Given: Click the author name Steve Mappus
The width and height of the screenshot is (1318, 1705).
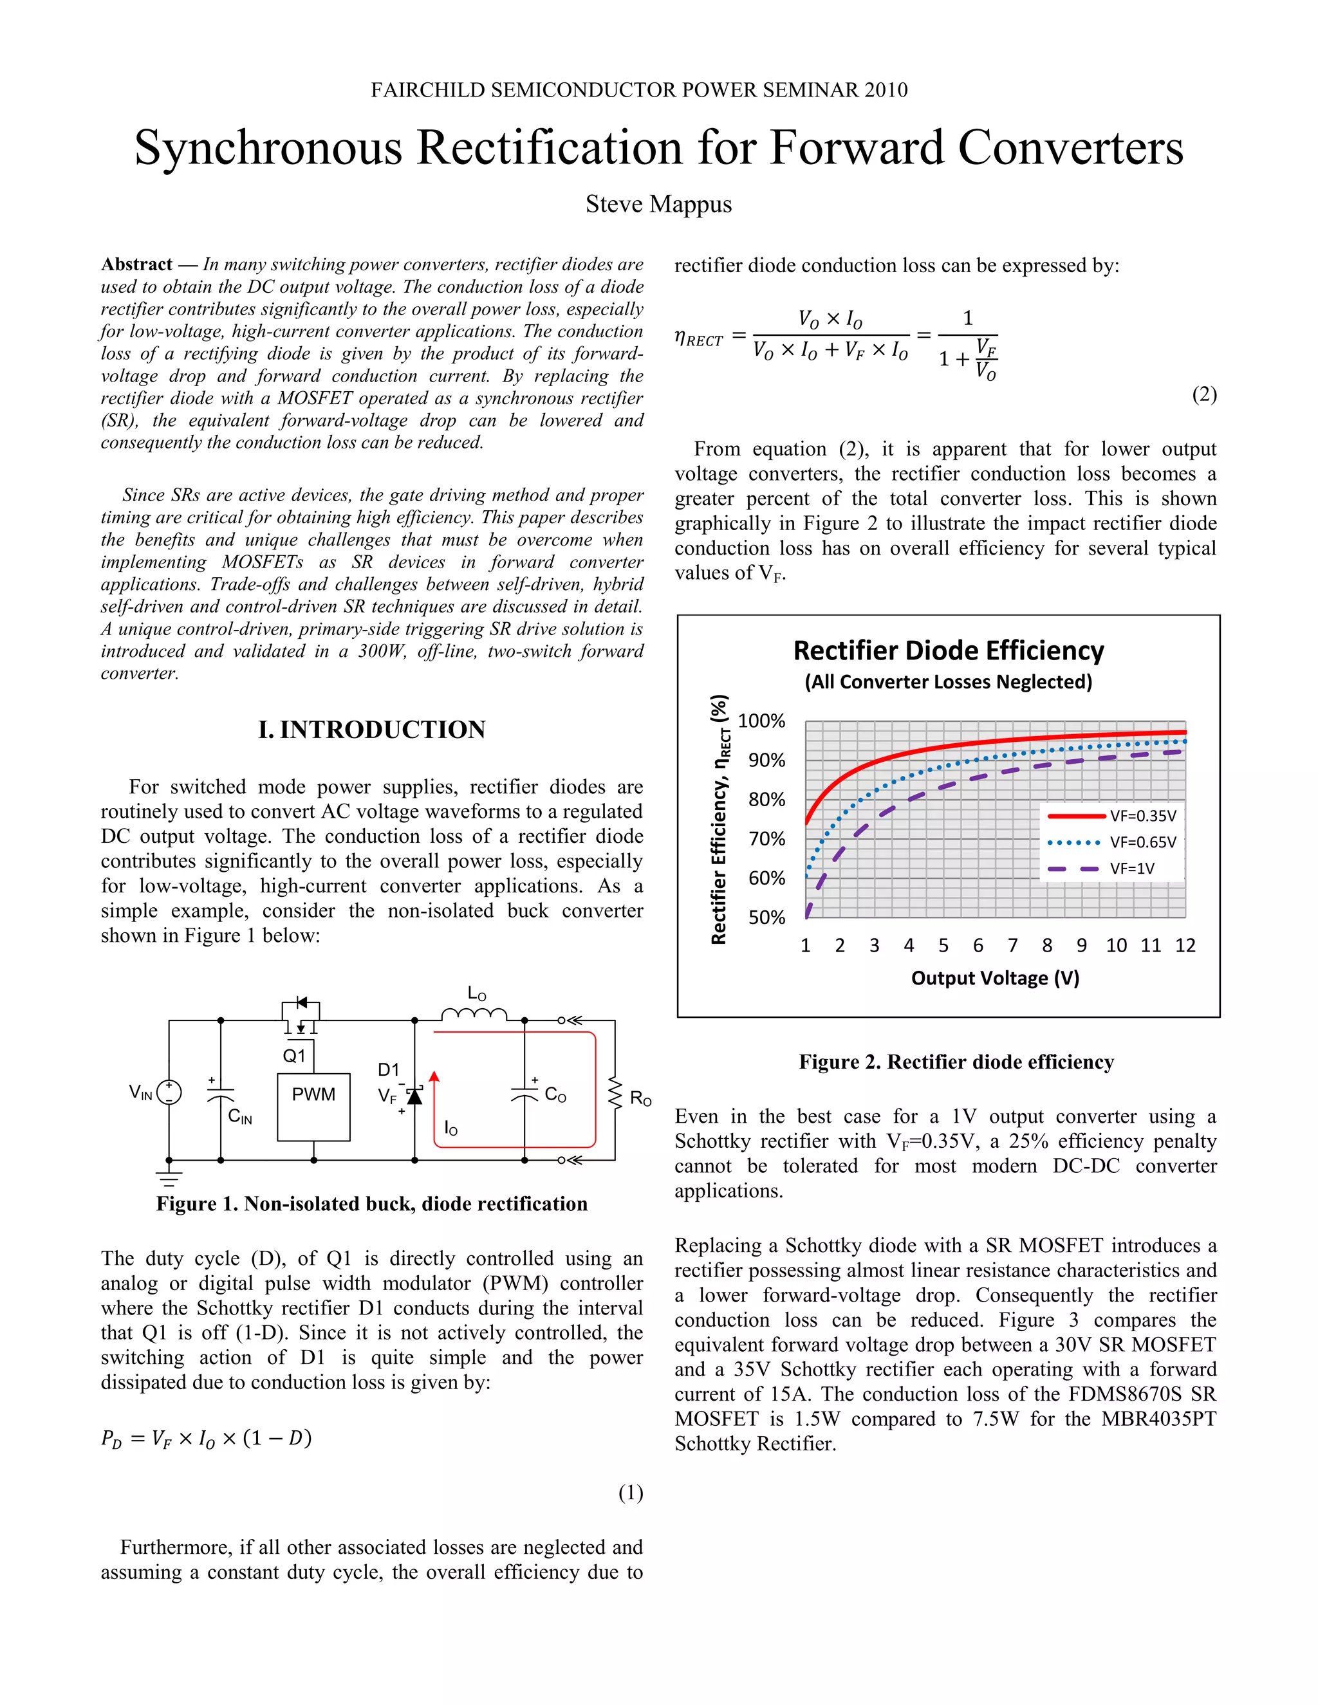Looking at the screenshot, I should point(658,205).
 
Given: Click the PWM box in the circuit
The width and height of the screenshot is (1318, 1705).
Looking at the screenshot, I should point(313,1106).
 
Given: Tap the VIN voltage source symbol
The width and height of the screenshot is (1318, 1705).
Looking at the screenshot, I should point(169,1091).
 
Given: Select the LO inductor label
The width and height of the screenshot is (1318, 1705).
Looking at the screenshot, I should point(476,994).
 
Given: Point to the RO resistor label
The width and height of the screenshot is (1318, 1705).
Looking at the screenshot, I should point(640,1099).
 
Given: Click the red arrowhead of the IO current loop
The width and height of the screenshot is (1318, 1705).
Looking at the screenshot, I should point(435,1076).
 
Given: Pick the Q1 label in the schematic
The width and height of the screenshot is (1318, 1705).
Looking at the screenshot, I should point(293,1056).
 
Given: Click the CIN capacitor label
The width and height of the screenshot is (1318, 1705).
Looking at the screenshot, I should point(239,1117).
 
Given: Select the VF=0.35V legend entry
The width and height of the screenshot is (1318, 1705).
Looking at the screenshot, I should point(1112,816).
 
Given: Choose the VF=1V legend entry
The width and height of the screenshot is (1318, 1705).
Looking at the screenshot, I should point(1112,868).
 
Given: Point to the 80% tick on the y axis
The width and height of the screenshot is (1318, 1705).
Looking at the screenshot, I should point(766,799).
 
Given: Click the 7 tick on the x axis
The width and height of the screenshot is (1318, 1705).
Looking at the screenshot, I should point(1013,945).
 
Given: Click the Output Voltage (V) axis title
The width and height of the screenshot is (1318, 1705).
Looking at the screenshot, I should point(995,978).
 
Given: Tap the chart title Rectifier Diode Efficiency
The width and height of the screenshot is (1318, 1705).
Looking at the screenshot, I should point(949,651).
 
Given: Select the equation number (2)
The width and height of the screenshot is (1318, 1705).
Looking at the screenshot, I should point(1204,394).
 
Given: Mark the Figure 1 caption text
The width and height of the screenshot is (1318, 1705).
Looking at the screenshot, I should point(372,1204).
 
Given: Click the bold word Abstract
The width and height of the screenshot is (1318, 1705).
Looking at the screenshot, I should point(136,264).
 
